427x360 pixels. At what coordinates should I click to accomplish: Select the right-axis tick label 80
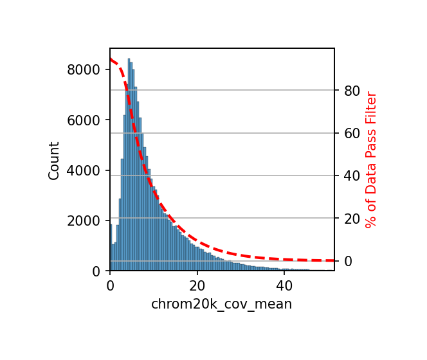(x=351, y=91)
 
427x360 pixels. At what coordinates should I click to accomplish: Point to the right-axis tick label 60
(x=351, y=133)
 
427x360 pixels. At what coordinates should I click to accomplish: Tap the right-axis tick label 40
(x=351, y=176)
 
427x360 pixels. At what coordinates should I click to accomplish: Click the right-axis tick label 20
(x=351, y=219)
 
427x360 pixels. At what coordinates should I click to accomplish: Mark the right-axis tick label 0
(x=348, y=261)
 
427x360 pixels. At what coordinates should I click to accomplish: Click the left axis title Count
(x=54, y=160)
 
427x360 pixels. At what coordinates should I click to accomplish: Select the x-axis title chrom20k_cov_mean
(x=221, y=304)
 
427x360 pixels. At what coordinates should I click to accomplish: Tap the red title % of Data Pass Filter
(x=371, y=160)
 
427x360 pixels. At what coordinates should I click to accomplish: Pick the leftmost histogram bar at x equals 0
(x=111, y=248)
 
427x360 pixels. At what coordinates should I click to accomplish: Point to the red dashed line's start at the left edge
(x=111, y=59)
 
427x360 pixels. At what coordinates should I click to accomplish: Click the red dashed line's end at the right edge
(x=334, y=260)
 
